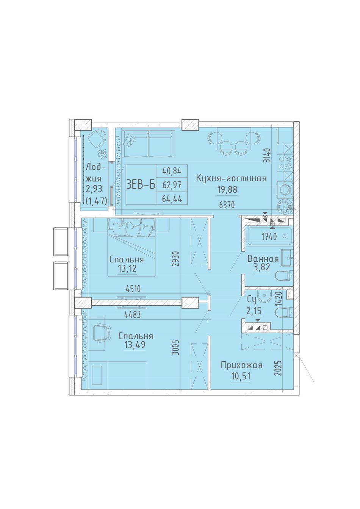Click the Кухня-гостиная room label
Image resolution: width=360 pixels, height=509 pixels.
[x=231, y=178]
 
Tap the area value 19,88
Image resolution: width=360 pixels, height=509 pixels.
[x=228, y=189]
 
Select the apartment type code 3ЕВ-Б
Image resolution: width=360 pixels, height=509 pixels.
[x=141, y=185]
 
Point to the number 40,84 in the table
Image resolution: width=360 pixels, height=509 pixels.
[x=172, y=171]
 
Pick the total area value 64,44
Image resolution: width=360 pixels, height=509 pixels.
[x=172, y=199]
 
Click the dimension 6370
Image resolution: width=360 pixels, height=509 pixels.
[x=227, y=205]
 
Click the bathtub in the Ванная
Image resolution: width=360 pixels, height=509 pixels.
[x=269, y=236]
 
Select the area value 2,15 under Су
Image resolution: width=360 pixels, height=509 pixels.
[x=254, y=311]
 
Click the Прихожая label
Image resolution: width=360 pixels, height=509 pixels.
[x=241, y=365]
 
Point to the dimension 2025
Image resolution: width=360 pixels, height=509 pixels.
[x=278, y=368]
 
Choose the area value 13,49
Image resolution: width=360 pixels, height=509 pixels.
[x=135, y=345]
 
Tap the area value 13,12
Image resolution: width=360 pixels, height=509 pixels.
[x=127, y=269]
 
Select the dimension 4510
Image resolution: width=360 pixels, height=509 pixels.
[x=133, y=289]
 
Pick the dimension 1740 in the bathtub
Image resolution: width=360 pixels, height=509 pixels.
[x=269, y=237]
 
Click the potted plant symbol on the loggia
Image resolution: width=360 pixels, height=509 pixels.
[x=103, y=154]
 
